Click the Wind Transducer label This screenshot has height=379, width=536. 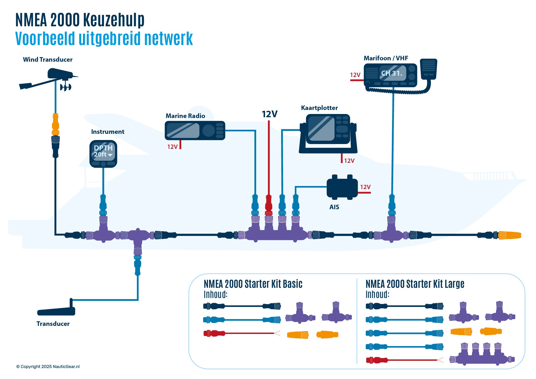tap(48, 60)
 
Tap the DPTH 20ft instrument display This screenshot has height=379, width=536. tap(103, 152)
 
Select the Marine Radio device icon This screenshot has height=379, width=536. tap(195, 131)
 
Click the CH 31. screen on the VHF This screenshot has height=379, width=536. tap(392, 73)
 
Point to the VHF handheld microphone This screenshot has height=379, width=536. tap(429, 69)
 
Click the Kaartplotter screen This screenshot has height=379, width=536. tap(321, 128)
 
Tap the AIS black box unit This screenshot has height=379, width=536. tap(342, 187)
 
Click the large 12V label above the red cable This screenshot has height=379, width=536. tap(269, 114)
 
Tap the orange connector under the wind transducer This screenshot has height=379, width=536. tap(55, 124)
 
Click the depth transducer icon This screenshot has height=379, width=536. tap(56, 311)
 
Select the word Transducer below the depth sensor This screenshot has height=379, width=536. tap(53, 324)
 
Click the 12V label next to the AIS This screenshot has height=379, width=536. tap(365, 187)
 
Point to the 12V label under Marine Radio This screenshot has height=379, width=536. tap(172, 147)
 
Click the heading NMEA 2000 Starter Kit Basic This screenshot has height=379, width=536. tap(253, 284)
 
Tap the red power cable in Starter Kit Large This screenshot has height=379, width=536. tap(405, 360)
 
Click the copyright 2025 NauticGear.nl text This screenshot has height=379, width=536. tap(48, 367)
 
